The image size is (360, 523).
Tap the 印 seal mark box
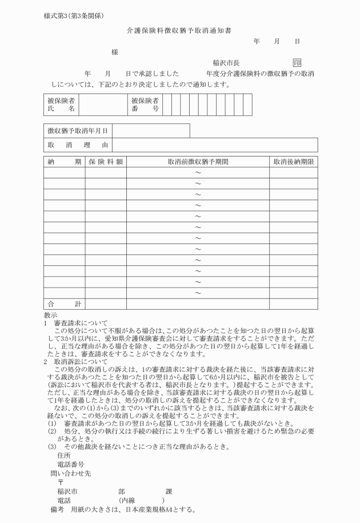pyautogui.click(x=297, y=62)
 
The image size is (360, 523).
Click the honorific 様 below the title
pyautogui.click(x=115, y=52)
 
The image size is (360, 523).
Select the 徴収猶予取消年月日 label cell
pyautogui.click(x=77, y=131)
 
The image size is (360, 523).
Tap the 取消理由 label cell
pyautogui.click(x=77, y=145)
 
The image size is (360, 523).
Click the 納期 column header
pyautogui.click(x=64, y=162)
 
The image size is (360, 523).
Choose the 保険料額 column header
pyautogui.click(x=105, y=162)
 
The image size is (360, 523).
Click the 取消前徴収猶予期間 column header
pyautogui.click(x=198, y=162)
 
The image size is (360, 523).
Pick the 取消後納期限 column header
pyautogui.click(x=293, y=162)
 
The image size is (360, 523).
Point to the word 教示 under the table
pyautogui.click(x=50, y=315)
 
